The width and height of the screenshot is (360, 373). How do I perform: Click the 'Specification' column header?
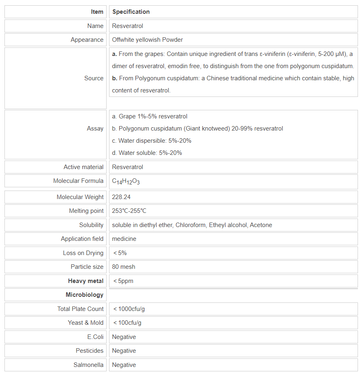tap(131, 12)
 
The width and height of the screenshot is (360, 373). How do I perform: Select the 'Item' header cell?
tap(97, 12)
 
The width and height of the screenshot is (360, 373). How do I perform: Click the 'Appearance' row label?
tap(87, 40)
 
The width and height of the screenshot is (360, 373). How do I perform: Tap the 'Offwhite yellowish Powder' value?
tap(147, 40)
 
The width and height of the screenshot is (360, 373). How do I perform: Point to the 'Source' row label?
tap(94, 78)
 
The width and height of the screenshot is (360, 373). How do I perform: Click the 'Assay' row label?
tap(95, 129)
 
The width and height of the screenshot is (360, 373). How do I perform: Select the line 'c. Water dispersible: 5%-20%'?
tap(152, 141)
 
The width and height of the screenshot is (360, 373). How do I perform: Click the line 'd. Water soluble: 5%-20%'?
tap(147, 153)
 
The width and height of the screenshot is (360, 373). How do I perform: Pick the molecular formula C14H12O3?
tap(126, 181)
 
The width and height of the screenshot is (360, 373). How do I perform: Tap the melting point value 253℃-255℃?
tap(129, 211)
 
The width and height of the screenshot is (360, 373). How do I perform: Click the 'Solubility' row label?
tap(91, 225)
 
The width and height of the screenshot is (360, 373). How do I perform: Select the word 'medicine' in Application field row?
tap(124, 239)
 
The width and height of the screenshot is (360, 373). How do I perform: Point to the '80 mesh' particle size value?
tap(124, 267)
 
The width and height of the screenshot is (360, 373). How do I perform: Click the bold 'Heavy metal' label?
tap(86, 281)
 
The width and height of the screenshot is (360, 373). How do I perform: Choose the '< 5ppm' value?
tap(123, 281)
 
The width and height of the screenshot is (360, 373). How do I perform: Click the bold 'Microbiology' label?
tap(84, 295)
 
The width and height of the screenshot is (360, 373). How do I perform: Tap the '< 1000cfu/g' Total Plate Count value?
tap(129, 309)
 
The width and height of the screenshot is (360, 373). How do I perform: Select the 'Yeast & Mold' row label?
tap(86, 323)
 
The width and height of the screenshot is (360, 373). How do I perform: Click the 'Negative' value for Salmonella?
tap(124, 365)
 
